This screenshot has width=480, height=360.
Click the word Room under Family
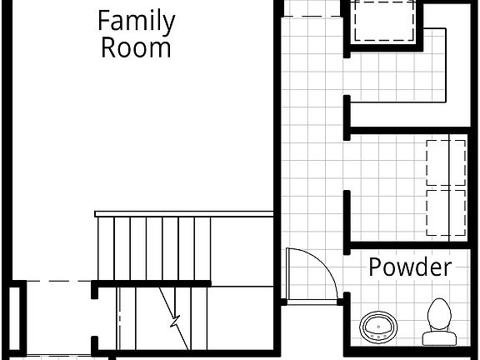[x=136, y=47]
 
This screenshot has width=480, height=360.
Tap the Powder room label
[x=410, y=267]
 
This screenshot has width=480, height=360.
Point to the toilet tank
[x=439, y=337]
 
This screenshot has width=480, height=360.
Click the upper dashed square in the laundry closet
[x=446, y=162]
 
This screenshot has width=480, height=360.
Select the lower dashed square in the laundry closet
[x=446, y=212]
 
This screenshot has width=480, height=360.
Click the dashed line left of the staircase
[x=58, y=282]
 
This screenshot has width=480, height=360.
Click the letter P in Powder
[x=374, y=267]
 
